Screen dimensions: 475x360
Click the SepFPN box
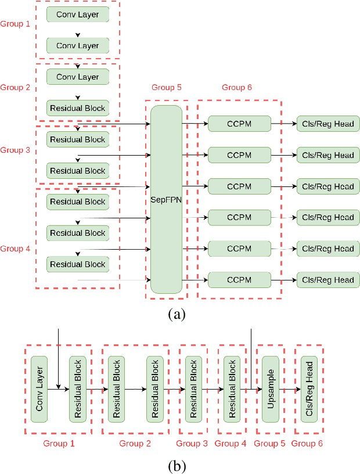click(x=166, y=199)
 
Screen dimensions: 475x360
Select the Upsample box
click(x=271, y=390)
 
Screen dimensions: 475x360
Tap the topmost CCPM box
click(x=239, y=124)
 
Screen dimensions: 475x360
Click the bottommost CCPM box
click(x=239, y=280)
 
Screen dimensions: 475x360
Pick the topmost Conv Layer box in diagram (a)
click(x=77, y=15)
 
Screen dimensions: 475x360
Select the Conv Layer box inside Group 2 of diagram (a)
click(x=77, y=77)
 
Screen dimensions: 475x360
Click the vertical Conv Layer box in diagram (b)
click(x=39, y=390)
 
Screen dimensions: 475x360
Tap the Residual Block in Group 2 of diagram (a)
click(x=77, y=108)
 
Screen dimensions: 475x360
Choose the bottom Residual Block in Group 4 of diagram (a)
click(x=77, y=264)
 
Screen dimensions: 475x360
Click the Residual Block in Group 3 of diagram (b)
click(x=193, y=390)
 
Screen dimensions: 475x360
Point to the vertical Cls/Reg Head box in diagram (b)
click(x=309, y=390)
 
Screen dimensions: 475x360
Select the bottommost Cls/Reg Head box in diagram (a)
click(x=328, y=280)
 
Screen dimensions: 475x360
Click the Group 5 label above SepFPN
click(x=167, y=88)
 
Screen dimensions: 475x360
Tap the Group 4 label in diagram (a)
click(x=15, y=249)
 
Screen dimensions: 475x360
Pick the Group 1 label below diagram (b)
click(x=59, y=444)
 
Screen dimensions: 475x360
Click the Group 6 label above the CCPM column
click(x=237, y=88)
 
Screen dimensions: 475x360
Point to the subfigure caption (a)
click(x=177, y=315)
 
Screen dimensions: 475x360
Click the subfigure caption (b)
click(x=177, y=466)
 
